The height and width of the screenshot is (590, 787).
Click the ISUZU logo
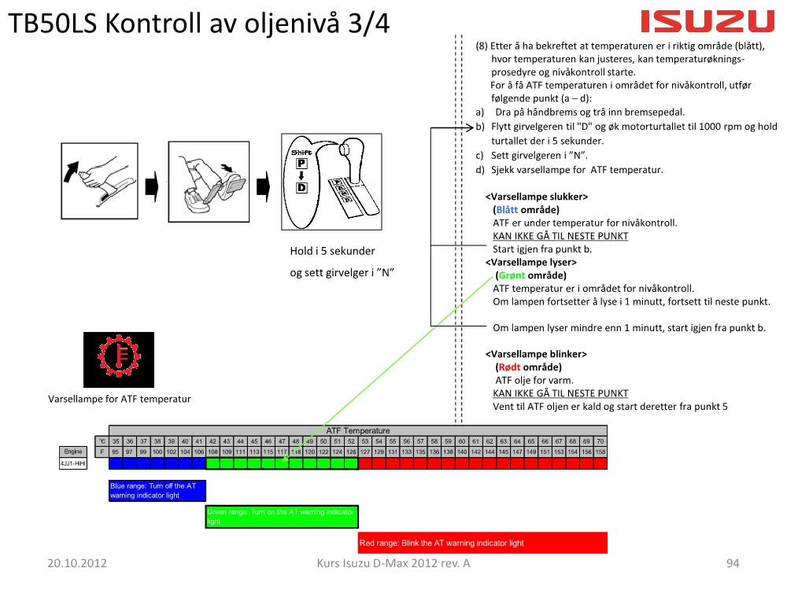[708, 21]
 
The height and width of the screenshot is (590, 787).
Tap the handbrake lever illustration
[101, 176]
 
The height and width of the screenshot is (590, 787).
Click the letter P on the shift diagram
[301, 164]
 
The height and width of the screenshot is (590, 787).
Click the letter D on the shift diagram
[301, 188]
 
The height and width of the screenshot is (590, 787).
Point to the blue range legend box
[157, 491]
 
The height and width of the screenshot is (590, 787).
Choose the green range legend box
[282, 516]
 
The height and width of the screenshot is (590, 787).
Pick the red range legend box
[482, 543]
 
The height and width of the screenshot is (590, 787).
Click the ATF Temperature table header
[358, 430]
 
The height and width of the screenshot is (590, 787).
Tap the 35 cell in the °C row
[116, 441]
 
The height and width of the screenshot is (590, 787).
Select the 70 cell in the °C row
[600, 441]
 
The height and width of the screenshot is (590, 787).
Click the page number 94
[733, 563]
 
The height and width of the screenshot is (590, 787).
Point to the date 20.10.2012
[77, 563]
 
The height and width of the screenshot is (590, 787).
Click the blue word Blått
[507, 210]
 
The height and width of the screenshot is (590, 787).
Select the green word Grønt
[512, 275]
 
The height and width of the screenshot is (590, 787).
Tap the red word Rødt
[511, 367]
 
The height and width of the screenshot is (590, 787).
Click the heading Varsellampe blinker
[536, 354]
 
